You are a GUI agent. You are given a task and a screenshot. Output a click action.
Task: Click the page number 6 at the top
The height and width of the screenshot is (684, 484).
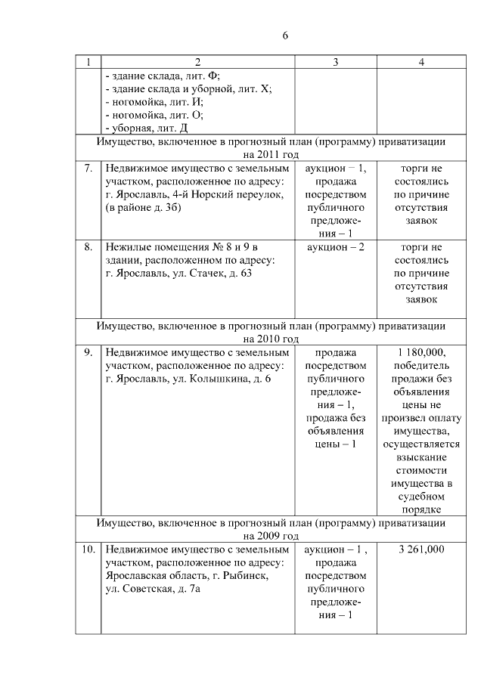tap(286, 36)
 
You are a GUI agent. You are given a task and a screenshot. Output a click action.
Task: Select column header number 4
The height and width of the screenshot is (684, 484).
tap(420, 62)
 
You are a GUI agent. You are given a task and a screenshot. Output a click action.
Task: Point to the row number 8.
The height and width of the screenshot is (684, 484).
tap(88, 247)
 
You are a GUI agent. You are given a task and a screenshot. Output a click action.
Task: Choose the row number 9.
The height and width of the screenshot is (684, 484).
tap(88, 352)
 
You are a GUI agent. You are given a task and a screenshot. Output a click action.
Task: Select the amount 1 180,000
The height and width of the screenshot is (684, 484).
tap(420, 352)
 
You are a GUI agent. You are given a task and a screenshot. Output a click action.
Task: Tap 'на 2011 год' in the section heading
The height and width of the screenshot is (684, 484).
tap(271, 154)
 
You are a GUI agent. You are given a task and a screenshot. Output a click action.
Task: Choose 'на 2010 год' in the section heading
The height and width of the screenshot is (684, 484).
tap(271, 339)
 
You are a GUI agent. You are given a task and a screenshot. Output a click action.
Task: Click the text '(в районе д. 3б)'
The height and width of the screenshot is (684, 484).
tap(143, 208)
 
